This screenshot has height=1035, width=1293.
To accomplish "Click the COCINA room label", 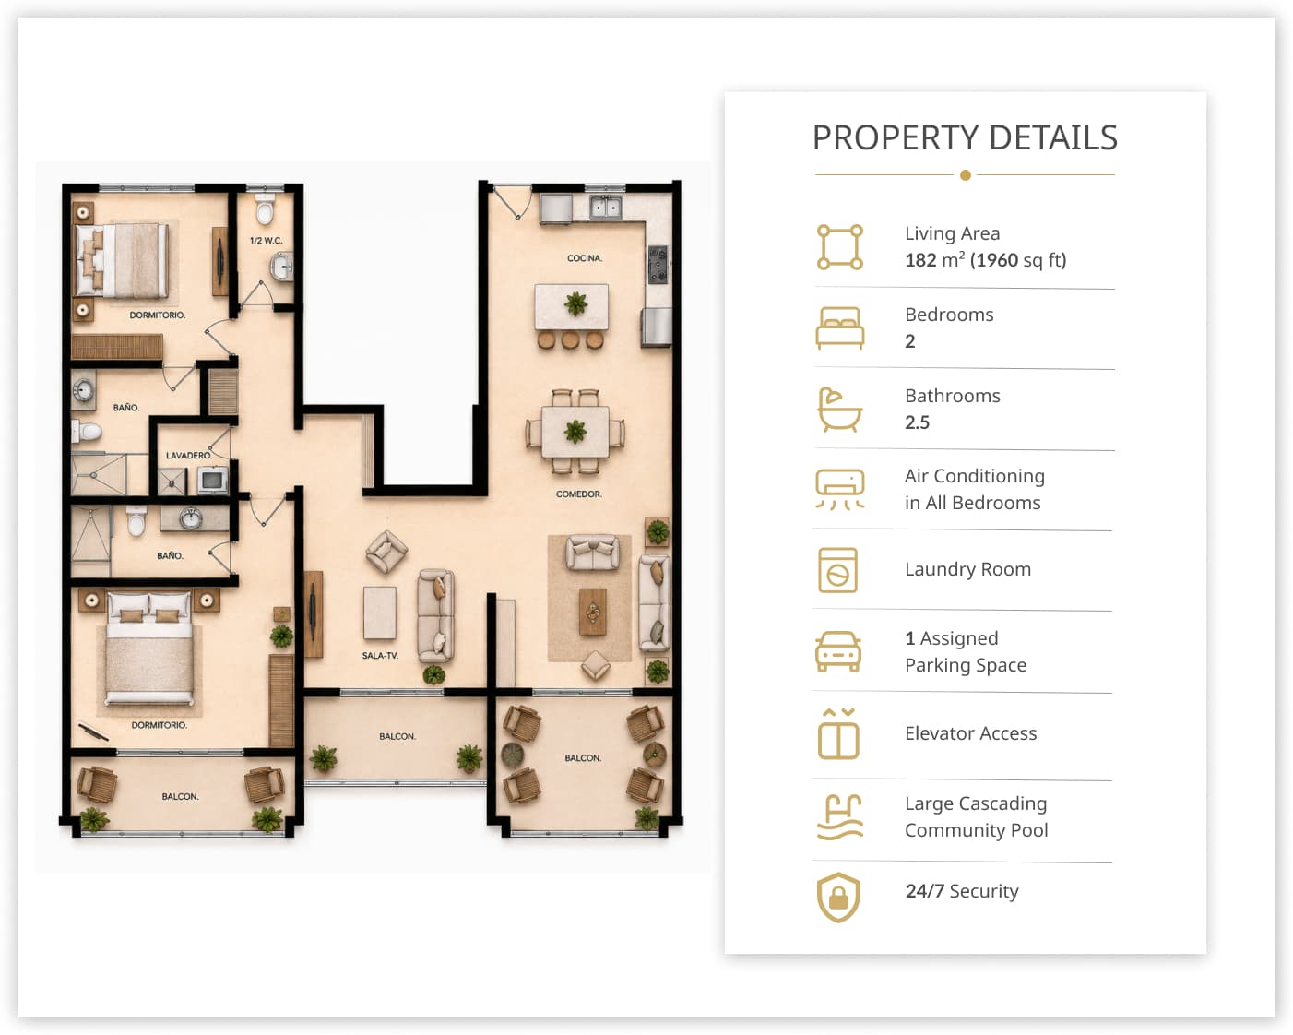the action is (584, 258).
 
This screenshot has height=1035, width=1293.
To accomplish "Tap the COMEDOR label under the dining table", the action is (578, 494).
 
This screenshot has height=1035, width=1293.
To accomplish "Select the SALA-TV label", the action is (380, 655).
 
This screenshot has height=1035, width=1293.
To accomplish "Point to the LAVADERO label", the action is (189, 455).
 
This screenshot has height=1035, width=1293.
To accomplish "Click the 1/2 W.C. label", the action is (267, 241).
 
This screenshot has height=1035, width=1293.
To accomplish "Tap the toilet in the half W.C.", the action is (265, 208).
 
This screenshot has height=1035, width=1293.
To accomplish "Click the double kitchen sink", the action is (605, 208).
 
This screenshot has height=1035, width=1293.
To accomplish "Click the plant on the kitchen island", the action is (575, 303).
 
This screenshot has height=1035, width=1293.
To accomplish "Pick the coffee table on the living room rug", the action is (592, 612).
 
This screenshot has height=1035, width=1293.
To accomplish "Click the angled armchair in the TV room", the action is (386, 551).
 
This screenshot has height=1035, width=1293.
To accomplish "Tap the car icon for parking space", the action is (838, 651).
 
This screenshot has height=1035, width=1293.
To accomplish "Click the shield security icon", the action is (838, 897).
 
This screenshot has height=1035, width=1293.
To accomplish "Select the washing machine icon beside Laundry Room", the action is (837, 570).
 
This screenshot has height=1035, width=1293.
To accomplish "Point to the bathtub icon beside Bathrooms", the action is (839, 410).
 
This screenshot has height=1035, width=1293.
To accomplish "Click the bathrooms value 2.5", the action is (917, 422).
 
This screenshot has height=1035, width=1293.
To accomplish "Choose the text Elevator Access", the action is (970, 733).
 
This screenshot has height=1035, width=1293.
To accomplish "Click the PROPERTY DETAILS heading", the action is (965, 137).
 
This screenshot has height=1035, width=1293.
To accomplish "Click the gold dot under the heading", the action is (965, 175).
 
